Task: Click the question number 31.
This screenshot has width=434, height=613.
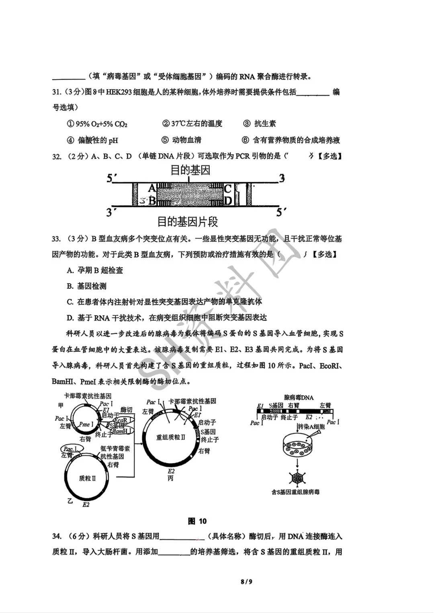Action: pos(57,92)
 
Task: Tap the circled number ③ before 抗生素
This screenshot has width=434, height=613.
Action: pos(246,124)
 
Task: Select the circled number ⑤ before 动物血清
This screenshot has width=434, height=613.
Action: pos(165,140)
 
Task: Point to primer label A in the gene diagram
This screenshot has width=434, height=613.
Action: pos(152,188)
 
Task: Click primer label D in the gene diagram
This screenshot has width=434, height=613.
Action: pos(228,200)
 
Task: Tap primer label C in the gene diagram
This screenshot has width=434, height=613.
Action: pos(228,188)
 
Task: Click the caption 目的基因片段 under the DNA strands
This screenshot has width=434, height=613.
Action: pos(187,221)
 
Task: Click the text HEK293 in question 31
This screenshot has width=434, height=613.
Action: pos(119,92)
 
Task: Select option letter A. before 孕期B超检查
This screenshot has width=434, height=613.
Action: pos(71,270)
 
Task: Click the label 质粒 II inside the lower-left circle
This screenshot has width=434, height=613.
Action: pos(87,478)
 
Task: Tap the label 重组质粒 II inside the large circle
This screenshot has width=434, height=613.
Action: pos(171,437)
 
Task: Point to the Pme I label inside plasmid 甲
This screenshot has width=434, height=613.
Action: pos(86,424)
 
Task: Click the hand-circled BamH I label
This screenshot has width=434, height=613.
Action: pos(120,431)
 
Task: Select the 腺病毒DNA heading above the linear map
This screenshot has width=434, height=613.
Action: pos(299,397)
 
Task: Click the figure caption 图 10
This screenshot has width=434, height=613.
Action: pos(197,521)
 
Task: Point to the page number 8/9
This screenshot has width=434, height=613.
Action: pos(246,582)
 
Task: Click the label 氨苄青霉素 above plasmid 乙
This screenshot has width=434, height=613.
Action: pos(115,448)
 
